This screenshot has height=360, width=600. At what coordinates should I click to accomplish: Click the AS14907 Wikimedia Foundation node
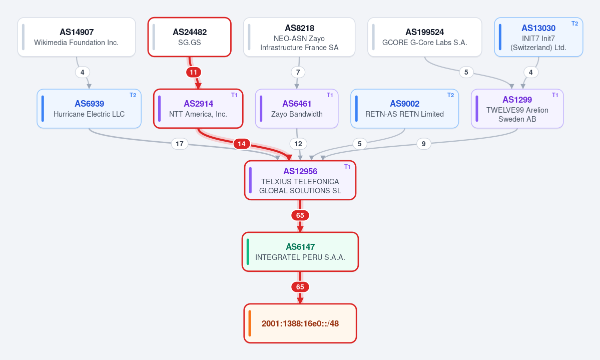(x=77, y=37)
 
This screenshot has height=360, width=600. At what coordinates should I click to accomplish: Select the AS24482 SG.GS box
(x=190, y=37)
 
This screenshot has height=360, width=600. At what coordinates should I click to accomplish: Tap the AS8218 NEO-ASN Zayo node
(x=299, y=37)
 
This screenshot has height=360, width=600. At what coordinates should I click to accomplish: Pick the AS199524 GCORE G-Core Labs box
(x=425, y=37)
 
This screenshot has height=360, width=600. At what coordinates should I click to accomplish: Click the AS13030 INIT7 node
(x=538, y=37)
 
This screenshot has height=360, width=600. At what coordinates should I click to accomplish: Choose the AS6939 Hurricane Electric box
(x=89, y=109)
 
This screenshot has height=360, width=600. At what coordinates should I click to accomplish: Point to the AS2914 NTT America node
(x=198, y=109)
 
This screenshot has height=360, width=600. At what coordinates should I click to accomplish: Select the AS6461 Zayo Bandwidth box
(x=297, y=109)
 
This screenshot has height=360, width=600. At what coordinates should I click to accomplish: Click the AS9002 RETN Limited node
(x=404, y=109)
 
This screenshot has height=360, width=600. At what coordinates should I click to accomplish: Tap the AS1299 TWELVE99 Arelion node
(x=517, y=109)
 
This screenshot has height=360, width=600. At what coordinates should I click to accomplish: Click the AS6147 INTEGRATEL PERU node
(x=300, y=252)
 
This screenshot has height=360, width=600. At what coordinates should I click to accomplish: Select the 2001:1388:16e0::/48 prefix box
(x=300, y=323)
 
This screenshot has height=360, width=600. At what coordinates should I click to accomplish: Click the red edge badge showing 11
(x=194, y=73)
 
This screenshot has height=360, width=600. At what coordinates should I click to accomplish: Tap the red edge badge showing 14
(x=242, y=144)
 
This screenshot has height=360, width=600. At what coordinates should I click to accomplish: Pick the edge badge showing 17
(x=180, y=144)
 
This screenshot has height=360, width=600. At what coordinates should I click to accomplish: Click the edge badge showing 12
(x=298, y=144)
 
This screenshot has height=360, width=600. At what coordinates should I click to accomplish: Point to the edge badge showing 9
(x=423, y=144)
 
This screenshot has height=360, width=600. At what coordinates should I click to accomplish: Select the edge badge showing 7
(x=298, y=73)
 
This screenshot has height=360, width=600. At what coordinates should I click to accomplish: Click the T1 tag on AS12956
(x=347, y=167)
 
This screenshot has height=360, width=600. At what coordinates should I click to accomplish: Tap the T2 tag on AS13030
(x=575, y=24)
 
